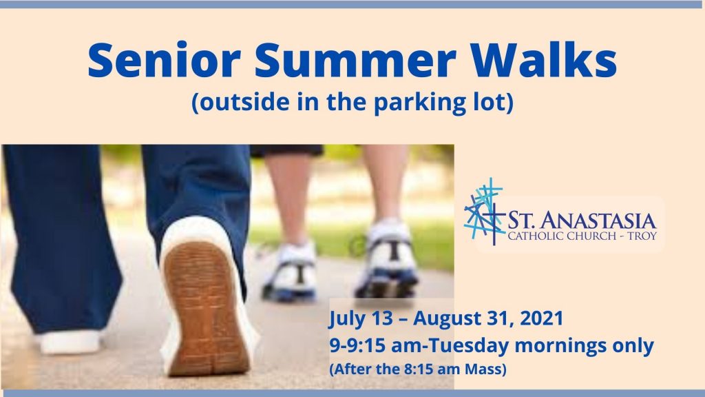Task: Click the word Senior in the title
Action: coord(164,60)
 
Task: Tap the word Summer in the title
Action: coord(355,60)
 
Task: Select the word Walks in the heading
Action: coord(544,59)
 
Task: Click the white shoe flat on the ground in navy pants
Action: coord(70,342)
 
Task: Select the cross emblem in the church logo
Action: coord(484,211)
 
